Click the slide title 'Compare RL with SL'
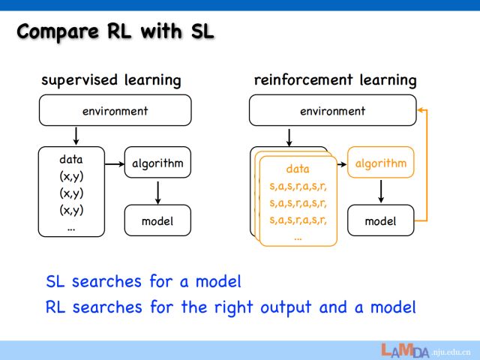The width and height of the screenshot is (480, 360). click(115, 32)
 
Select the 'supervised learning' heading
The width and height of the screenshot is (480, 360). click(111, 79)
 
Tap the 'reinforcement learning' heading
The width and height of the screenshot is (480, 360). click(335, 79)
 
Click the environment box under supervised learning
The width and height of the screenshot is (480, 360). click(115, 111)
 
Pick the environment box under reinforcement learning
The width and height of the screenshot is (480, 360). click(331, 111)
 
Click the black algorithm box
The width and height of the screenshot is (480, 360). click(157, 163)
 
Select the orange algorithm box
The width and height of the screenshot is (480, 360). click(381, 163)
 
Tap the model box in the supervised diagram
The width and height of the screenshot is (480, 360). click(157, 220)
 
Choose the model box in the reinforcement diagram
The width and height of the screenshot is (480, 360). click(381, 220)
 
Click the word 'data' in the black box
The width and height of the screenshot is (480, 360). click(71, 159)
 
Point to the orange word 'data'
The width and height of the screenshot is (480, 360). click(298, 169)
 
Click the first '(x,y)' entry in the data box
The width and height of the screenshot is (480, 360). click(71, 176)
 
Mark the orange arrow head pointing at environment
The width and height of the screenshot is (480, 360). click(421, 111)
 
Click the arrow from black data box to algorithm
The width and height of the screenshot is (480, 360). click(114, 163)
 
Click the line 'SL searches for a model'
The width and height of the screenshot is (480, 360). click(143, 281)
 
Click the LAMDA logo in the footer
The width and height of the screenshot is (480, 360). click(404, 350)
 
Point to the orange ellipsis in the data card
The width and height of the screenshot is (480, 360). click(298, 237)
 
